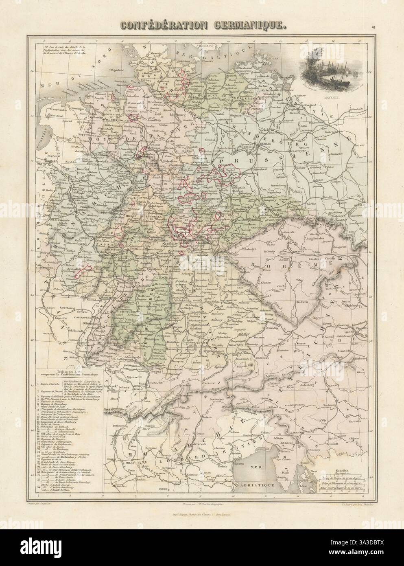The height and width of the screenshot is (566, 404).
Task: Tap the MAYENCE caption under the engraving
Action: tap(320, 98)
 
